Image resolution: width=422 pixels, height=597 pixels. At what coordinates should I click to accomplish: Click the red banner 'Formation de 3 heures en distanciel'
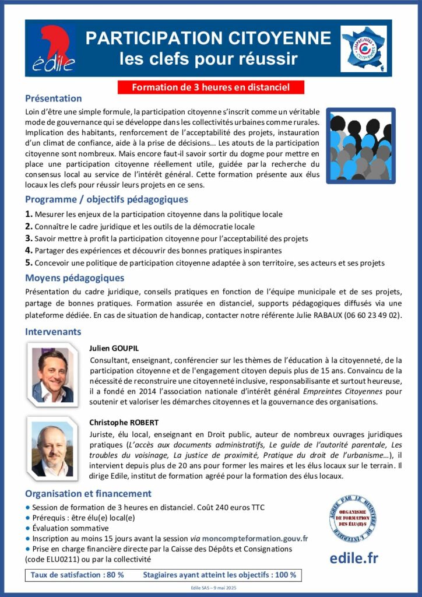click(x=210, y=87)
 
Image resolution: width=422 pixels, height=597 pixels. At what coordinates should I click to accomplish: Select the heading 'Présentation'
click(x=53, y=99)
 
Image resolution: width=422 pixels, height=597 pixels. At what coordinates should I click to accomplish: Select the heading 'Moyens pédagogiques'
click(x=75, y=278)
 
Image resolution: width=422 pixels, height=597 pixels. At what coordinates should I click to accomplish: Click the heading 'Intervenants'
click(x=53, y=332)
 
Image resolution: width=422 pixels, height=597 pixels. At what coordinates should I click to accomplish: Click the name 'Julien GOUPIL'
click(x=114, y=348)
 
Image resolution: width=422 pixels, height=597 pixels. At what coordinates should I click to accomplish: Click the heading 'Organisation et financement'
click(x=88, y=493)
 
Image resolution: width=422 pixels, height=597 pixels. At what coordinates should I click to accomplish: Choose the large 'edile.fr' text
click(x=354, y=557)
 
